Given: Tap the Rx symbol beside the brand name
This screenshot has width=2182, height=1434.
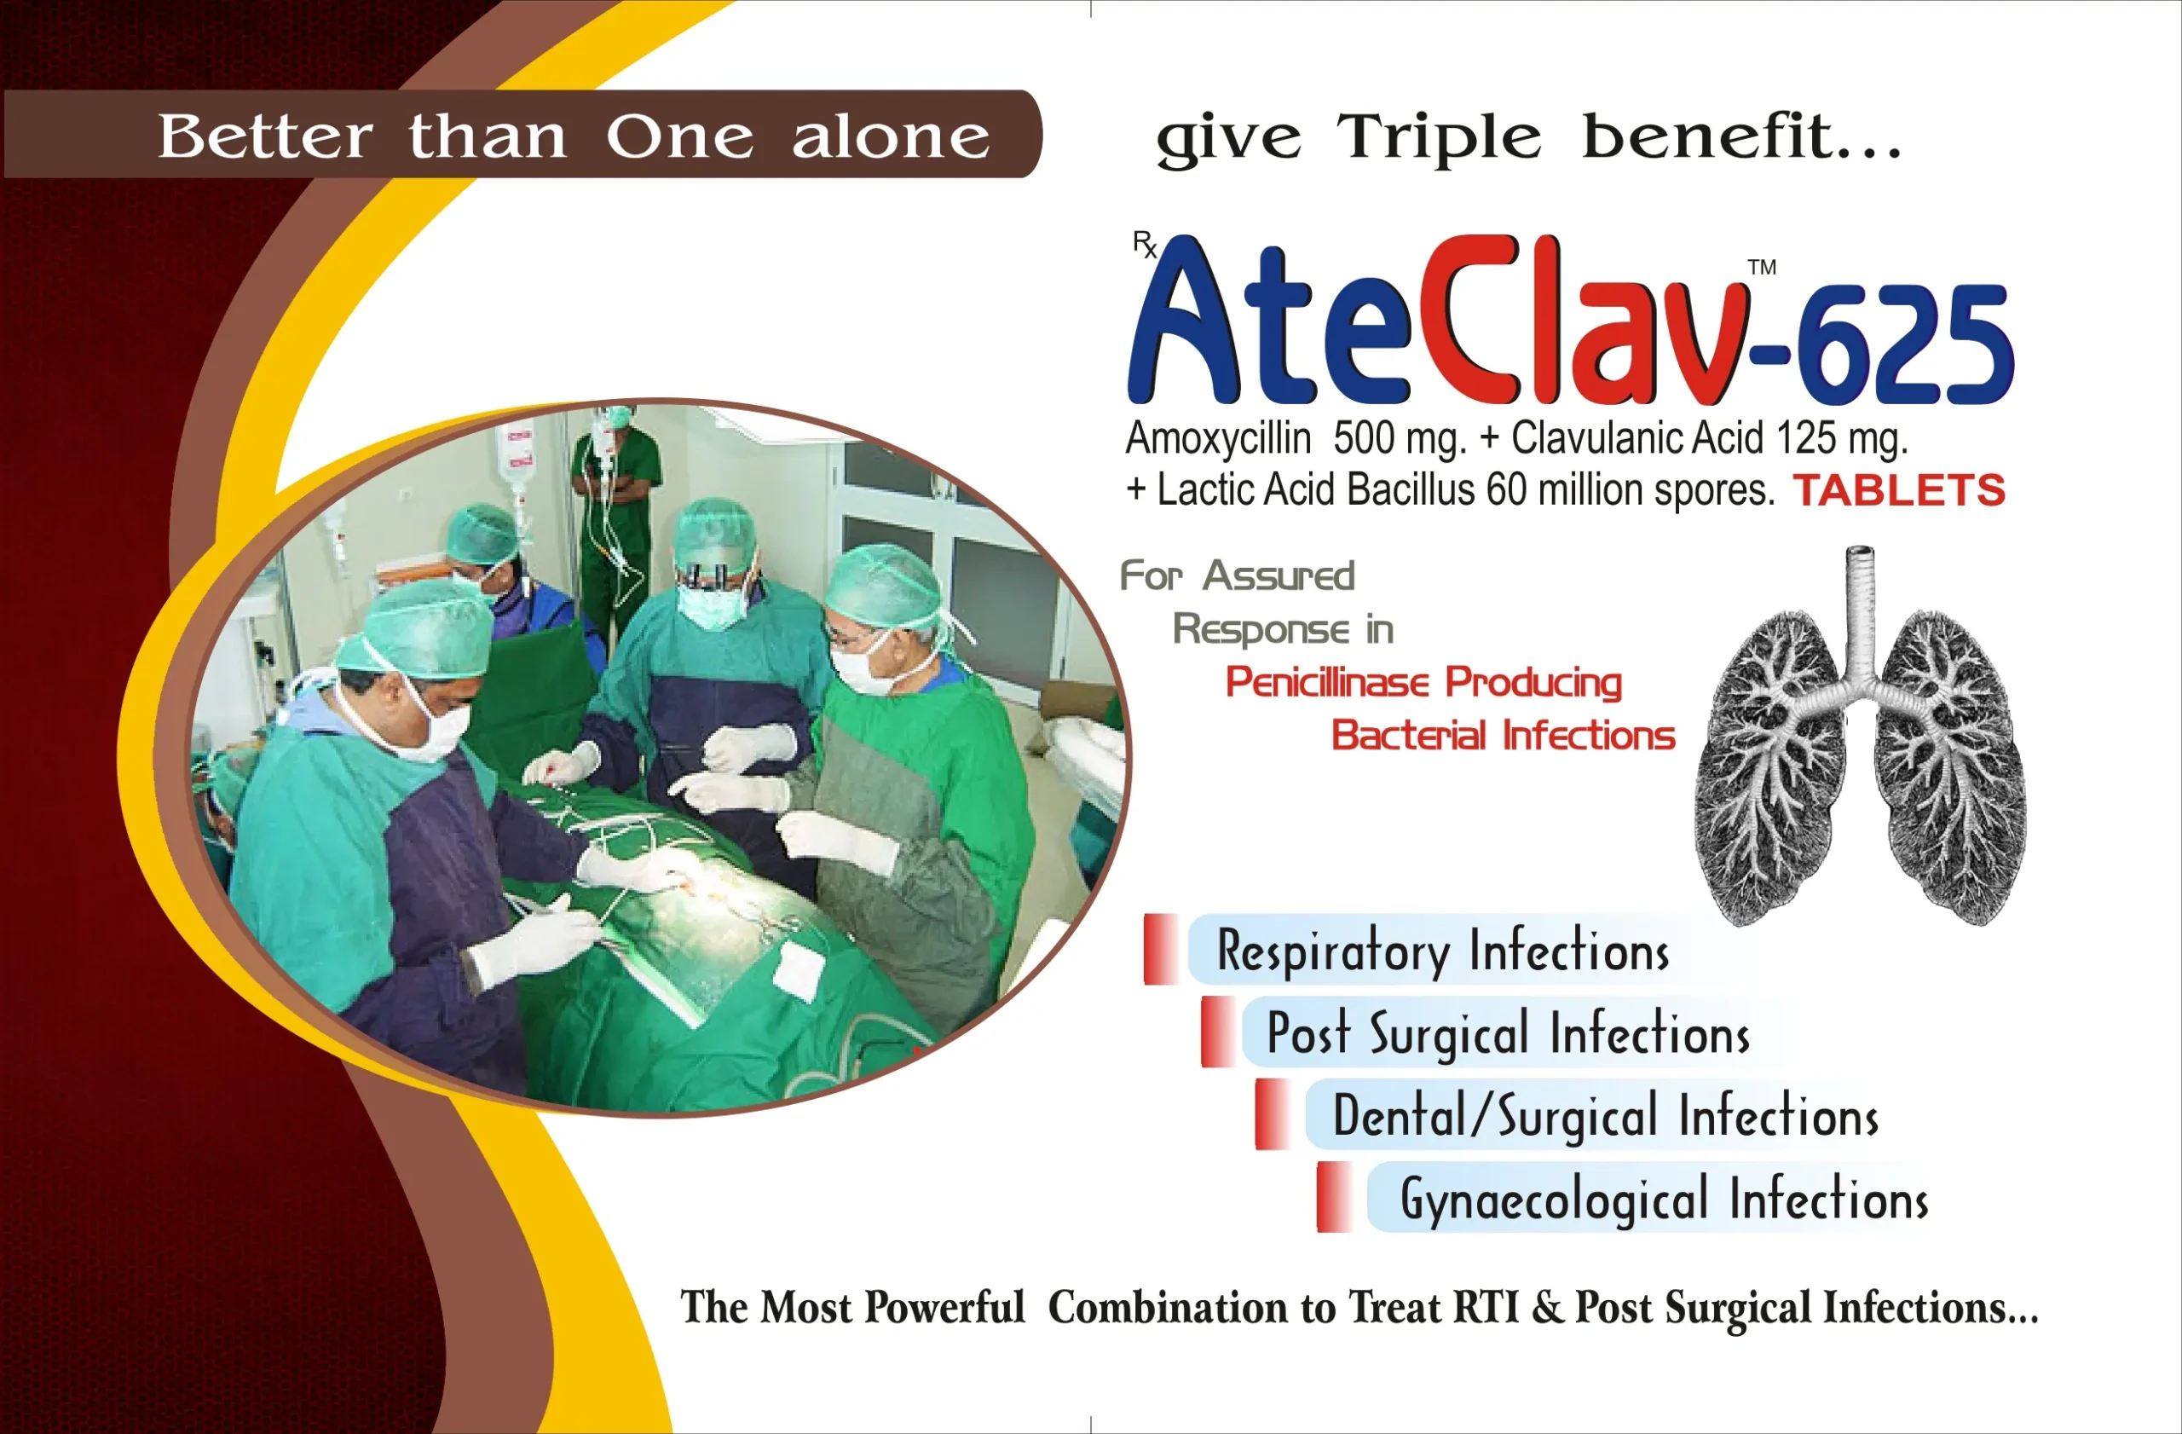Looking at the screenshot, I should point(1144,244).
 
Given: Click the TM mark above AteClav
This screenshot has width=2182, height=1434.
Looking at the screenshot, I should point(1761,267).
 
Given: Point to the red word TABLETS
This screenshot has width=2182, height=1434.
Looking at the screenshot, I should point(1899,490).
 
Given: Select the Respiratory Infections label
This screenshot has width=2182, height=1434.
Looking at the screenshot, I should point(1442,950).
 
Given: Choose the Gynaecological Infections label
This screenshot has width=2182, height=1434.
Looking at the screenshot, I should point(1663,1199).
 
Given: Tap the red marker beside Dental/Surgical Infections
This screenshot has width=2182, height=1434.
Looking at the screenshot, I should point(1273,1114).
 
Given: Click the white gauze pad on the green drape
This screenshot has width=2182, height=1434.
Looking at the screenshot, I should point(799,968).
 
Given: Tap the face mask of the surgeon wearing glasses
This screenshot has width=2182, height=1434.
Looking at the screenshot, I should point(862,669).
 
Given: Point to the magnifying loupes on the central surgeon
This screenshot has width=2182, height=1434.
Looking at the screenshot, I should point(707,576).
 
